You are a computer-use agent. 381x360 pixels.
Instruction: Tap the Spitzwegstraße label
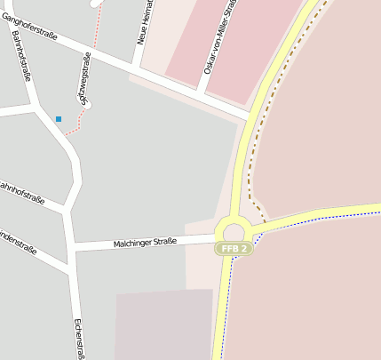pos(86,79)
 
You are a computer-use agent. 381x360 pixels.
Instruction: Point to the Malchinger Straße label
pos(145,242)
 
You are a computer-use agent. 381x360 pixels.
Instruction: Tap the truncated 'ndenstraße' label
pos(18,243)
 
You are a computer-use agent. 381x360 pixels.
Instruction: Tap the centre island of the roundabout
pos(234,230)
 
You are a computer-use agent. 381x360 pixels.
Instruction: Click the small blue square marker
pos(59,118)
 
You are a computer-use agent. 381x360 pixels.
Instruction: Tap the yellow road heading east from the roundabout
pos(320,213)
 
